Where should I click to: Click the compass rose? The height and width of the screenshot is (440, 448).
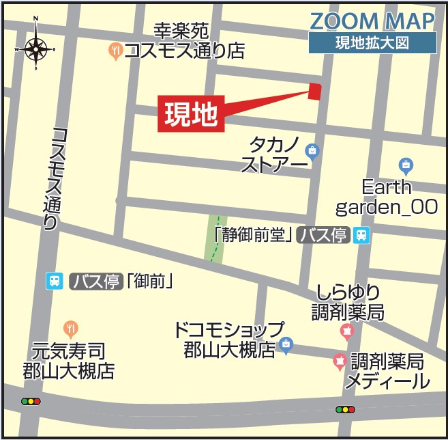tap(35, 49)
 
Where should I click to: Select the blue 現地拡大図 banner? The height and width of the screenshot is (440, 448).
tap(372, 42)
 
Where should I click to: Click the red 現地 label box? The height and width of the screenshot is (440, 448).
tap(191, 114)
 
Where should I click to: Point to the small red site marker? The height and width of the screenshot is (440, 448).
tap(314, 91)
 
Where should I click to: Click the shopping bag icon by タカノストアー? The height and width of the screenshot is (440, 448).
tap(312, 150)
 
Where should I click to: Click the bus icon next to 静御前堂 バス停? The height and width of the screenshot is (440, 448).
tap(361, 236)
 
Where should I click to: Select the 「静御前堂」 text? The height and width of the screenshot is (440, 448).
tap(253, 236)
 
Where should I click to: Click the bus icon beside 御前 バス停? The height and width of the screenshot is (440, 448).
tap(55, 280)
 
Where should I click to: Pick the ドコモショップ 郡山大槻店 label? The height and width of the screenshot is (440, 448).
tap(228, 340)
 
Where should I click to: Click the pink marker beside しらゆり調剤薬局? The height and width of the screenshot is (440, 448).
tap(346, 332)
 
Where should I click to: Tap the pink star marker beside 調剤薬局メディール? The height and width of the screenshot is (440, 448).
tap(339, 361)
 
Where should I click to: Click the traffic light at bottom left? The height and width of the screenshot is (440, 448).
tap(31, 402)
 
